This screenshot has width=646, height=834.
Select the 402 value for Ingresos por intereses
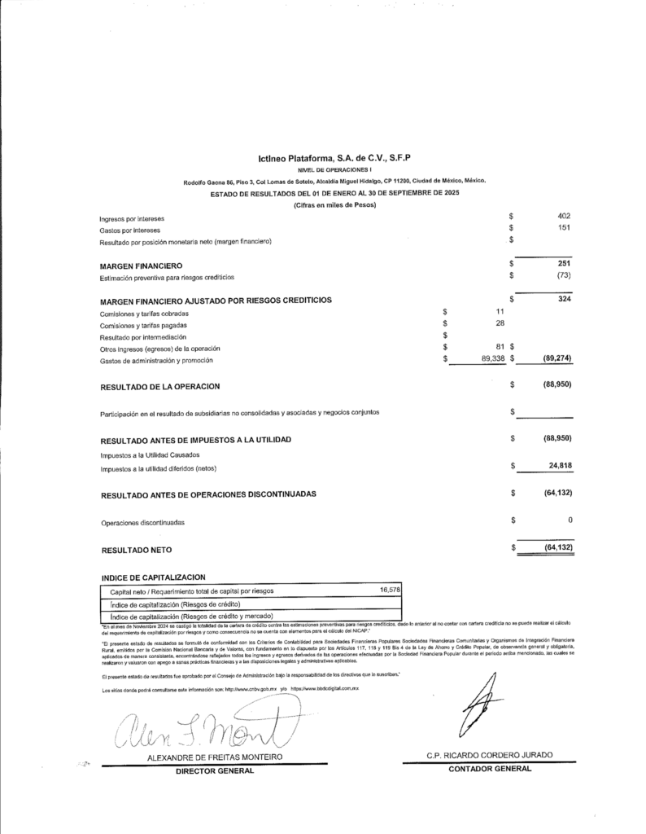[564, 216]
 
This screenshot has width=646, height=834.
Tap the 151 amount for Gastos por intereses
[565, 229]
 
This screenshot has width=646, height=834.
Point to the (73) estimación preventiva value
[563, 277]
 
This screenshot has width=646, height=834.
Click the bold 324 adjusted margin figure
[565, 301]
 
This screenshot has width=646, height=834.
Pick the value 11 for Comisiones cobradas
[500, 312]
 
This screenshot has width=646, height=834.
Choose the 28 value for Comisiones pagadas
[500, 324]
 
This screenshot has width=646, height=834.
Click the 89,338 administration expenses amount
[488, 358]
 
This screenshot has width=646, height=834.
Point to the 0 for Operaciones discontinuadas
[570, 520]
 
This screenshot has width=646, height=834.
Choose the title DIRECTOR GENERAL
[214, 770]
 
